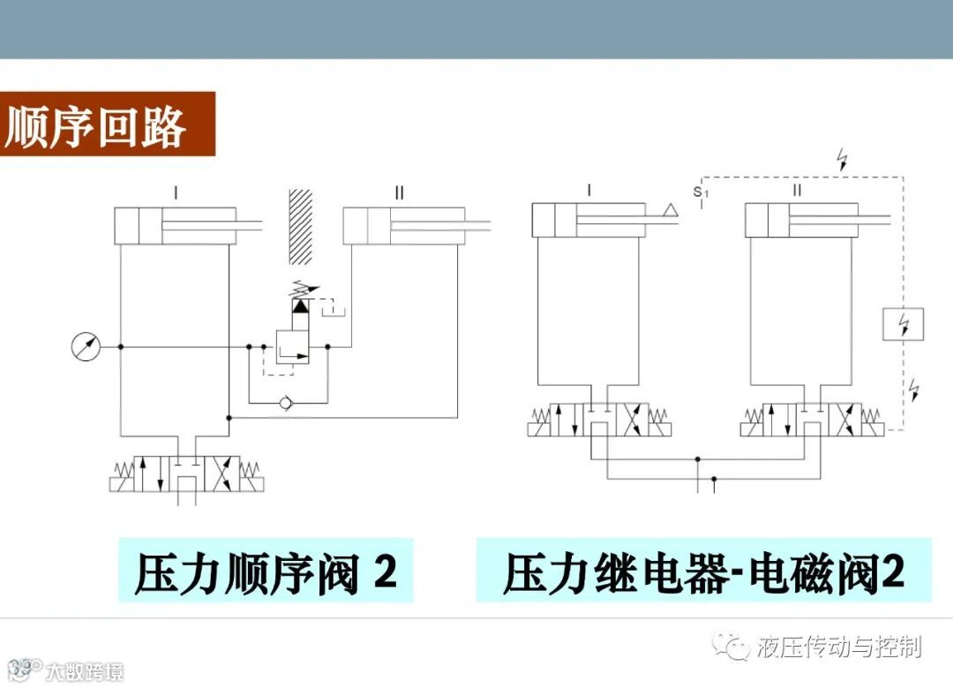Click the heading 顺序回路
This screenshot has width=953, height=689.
(96, 126)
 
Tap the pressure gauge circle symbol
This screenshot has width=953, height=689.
(86, 346)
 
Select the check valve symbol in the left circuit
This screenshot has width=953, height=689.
(283, 404)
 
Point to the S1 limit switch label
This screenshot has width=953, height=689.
(701, 191)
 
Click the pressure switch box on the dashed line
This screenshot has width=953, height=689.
(903, 324)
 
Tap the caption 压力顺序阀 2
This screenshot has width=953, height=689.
(266, 572)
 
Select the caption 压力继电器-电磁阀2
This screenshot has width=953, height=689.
(703, 572)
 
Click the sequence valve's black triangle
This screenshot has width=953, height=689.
(301, 307)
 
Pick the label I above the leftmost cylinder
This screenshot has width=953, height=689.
(176, 192)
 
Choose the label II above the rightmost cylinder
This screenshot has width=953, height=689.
(797, 190)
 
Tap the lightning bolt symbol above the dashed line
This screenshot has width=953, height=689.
(844, 160)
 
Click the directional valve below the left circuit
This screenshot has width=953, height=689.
(186, 474)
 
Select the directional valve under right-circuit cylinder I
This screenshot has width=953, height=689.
(599, 420)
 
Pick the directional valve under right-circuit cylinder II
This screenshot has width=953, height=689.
(812, 420)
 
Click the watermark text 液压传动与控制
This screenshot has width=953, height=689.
(838, 647)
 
